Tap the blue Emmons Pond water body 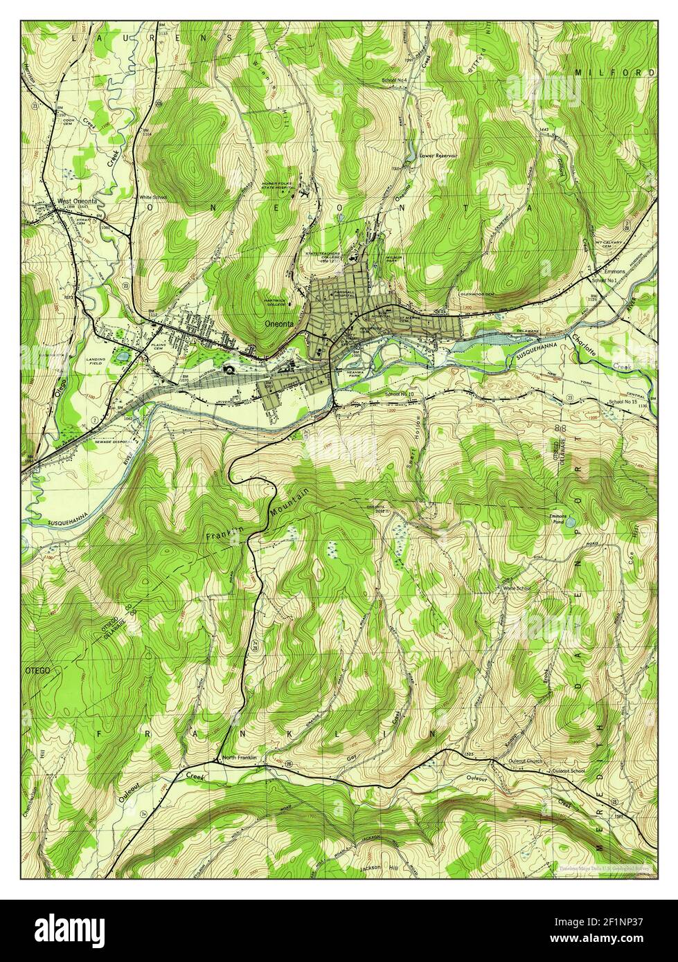point(569,524)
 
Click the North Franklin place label point(240,758)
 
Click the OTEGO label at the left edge point(35,671)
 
